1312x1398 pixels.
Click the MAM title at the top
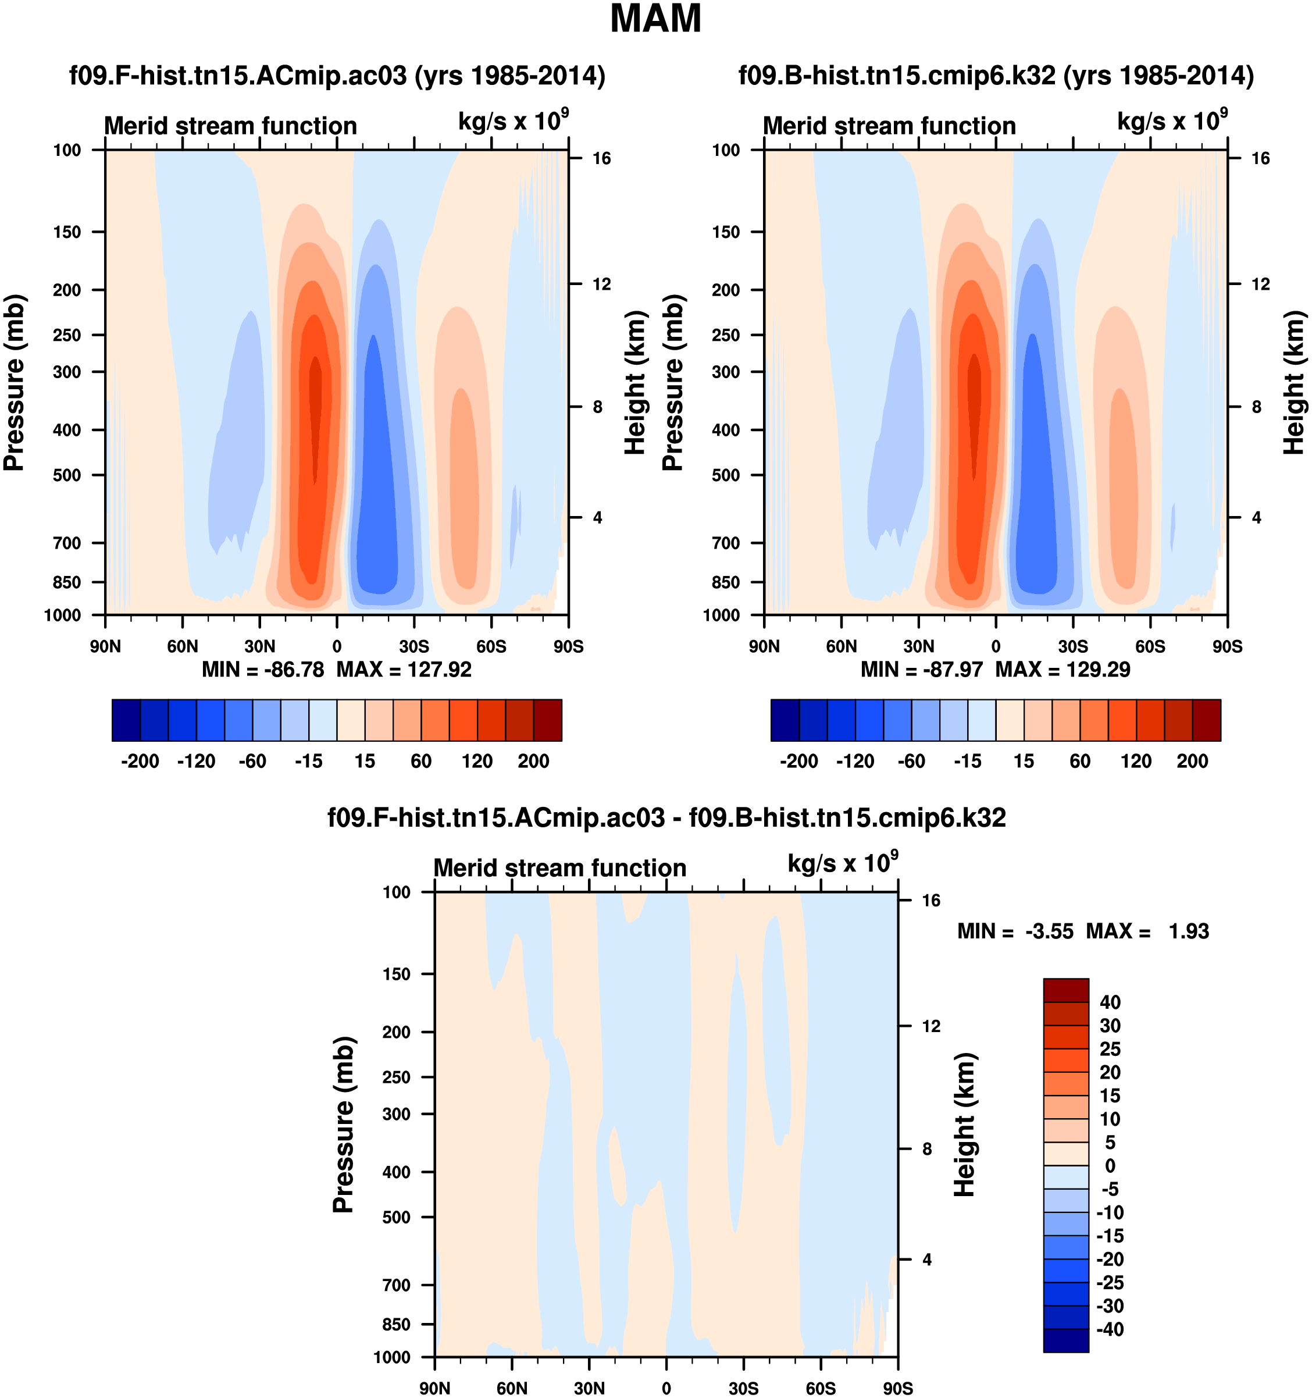[655, 19]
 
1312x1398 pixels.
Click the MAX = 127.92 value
[404, 670]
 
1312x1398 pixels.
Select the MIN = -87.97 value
[921, 670]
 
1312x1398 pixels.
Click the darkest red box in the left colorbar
[548, 720]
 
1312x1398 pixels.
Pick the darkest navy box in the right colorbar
[785, 720]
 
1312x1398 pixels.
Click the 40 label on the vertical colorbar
[1110, 1002]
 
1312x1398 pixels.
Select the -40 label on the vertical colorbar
[1110, 1329]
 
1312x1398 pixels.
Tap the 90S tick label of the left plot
[568, 646]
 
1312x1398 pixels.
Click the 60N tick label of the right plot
[842, 646]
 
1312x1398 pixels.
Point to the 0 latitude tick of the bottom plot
[666, 1388]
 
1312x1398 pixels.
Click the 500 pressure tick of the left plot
[67, 475]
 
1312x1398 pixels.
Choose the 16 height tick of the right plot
[1261, 158]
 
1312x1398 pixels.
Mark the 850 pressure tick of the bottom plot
[396, 1324]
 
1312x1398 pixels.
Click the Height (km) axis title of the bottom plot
[965, 1125]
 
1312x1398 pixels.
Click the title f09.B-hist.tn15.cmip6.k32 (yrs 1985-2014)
[996, 75]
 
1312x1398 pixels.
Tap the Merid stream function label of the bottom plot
[559, 868]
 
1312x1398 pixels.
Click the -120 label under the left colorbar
[196, 761]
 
